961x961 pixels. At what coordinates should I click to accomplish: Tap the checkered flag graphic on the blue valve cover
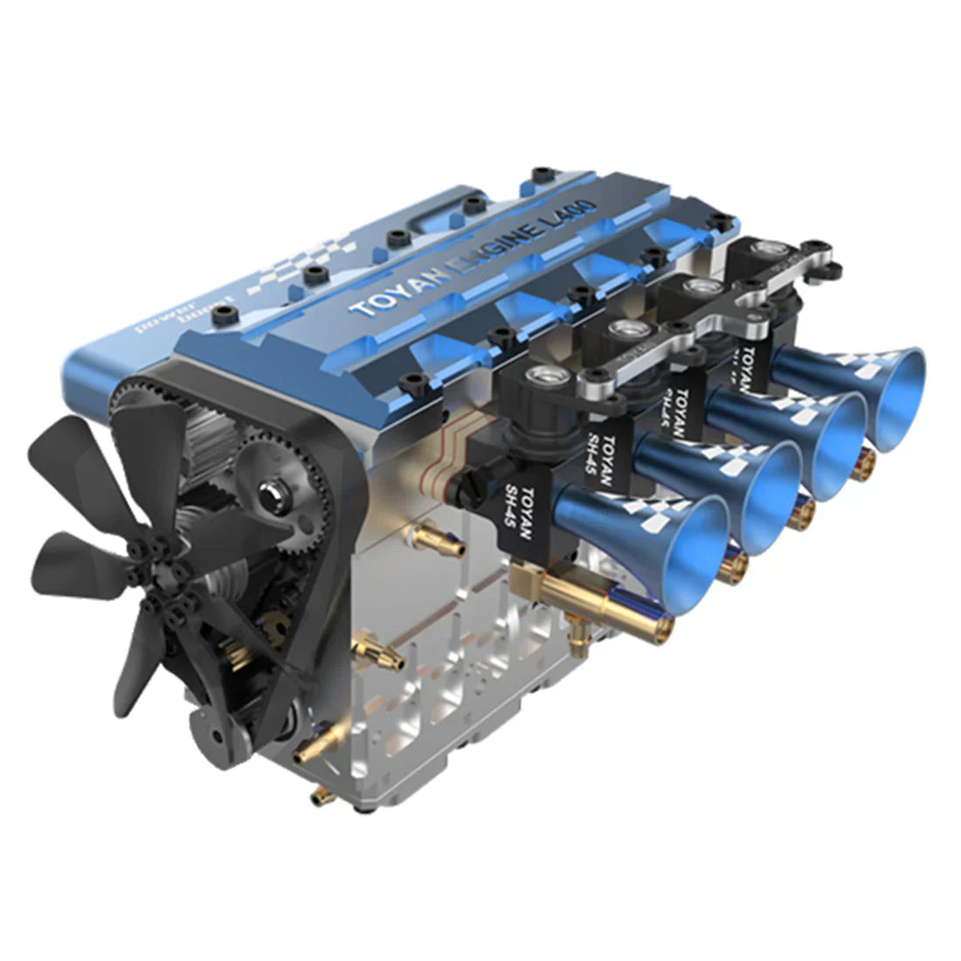pos(288,262)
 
